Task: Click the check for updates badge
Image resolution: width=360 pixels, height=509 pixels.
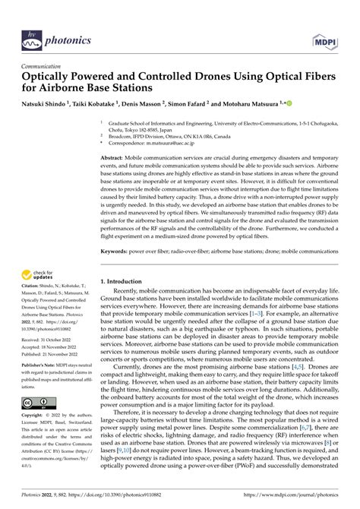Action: (39, 274)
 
